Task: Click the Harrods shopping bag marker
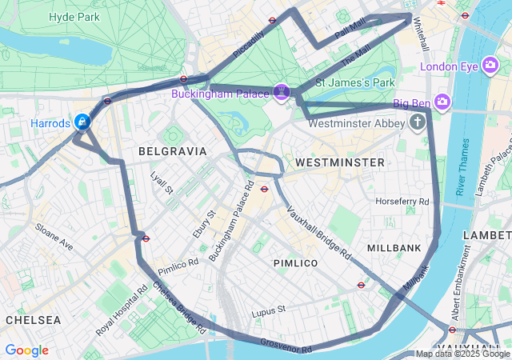[82, 122]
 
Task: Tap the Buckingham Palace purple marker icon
[281, 93]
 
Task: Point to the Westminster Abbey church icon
[417, 122]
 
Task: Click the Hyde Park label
[74, 17]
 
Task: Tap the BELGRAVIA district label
[172, 151]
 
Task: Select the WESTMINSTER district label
[339, 162]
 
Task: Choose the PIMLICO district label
[295, 263]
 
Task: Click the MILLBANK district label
[394, 249]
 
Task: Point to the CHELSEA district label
[33, 320]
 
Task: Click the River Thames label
[462, 167]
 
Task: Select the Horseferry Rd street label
[402, 201]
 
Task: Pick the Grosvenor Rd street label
[286, 346]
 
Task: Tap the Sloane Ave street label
[54, 237]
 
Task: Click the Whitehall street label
[421, 37]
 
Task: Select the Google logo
[26, 350]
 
